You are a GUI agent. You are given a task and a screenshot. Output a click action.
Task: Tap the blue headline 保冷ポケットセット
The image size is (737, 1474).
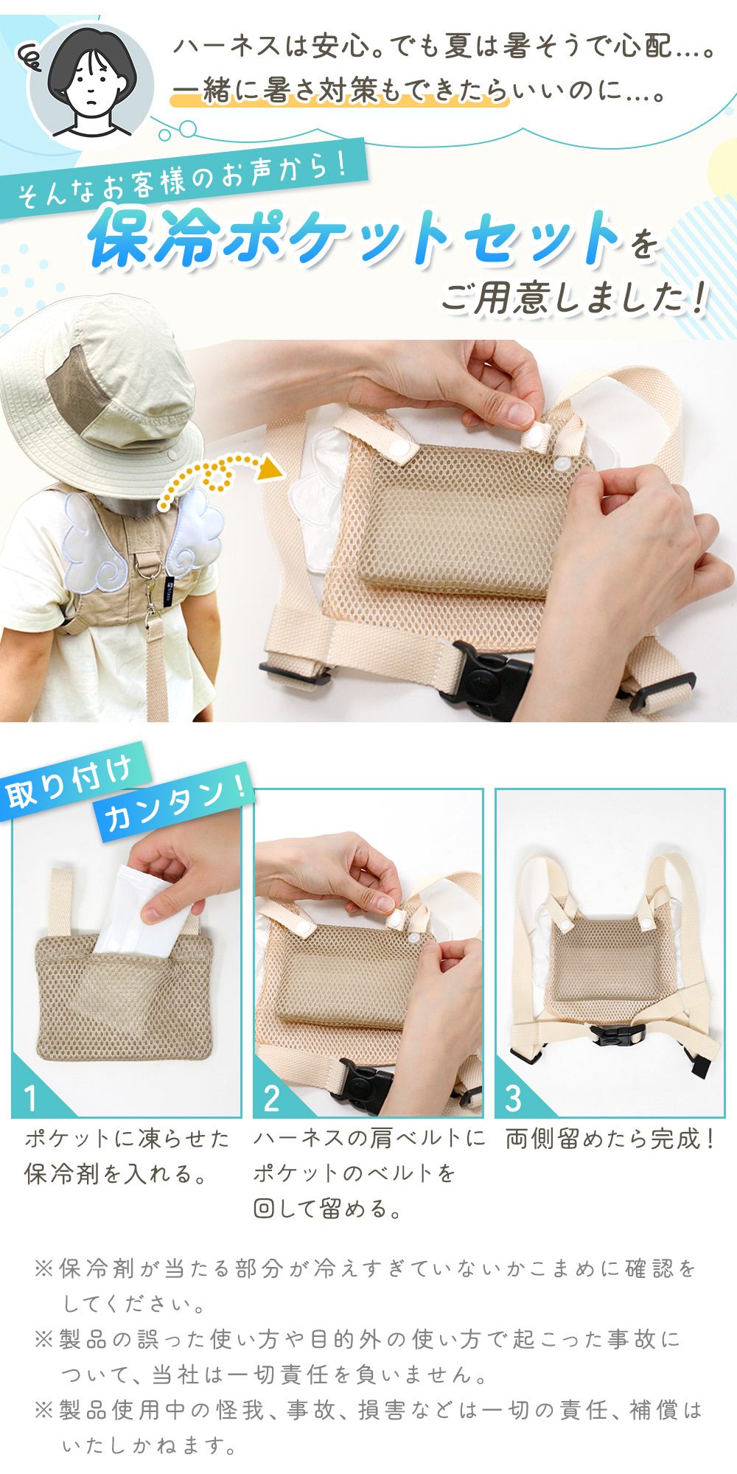click(x=354, y=238)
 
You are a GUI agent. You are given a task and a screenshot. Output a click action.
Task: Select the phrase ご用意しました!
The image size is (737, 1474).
click(x=575, y=298)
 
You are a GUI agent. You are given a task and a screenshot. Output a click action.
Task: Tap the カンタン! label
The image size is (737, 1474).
click(x=174, y=805)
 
